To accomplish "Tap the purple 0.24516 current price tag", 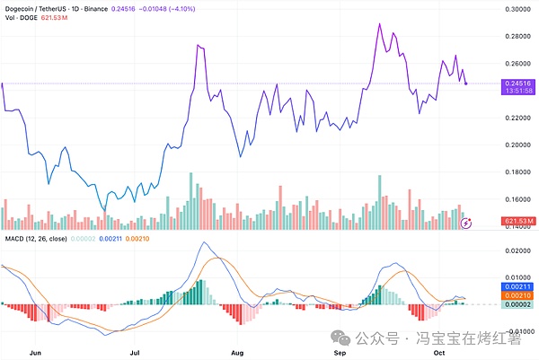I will point(519,83).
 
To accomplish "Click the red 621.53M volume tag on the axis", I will point(520,221).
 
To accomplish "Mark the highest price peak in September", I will point(379,24).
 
